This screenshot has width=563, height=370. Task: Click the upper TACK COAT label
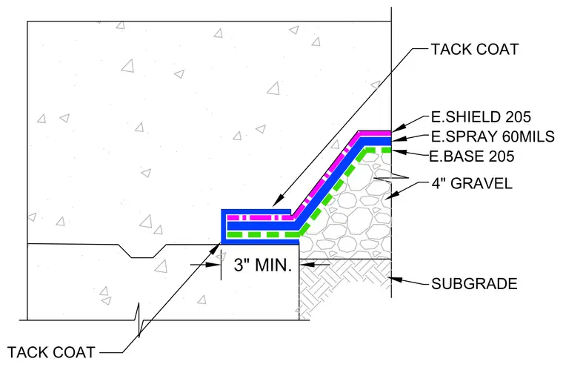tap(475, 49)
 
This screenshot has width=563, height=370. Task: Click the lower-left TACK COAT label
tap(51, 352)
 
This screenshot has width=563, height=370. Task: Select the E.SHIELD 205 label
tap(481, 116)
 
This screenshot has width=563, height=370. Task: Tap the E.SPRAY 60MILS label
tap(493, 136)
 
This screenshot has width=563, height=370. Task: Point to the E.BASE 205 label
tap(472, 156)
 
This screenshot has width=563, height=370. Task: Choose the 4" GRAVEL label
tap(472, 183)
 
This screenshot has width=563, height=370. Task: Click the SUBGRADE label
tap(474, 284)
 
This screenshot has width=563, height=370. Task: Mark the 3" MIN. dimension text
tap(263, 265)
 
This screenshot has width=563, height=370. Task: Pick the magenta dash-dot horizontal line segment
tap(259, 218)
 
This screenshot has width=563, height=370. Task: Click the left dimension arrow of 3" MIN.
tap(213, 265)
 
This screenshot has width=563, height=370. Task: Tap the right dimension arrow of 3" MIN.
tap(307, 265)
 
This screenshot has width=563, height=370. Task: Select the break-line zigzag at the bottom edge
tap(139, 320)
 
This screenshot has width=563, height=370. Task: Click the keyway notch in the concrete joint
tap(142, 251)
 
